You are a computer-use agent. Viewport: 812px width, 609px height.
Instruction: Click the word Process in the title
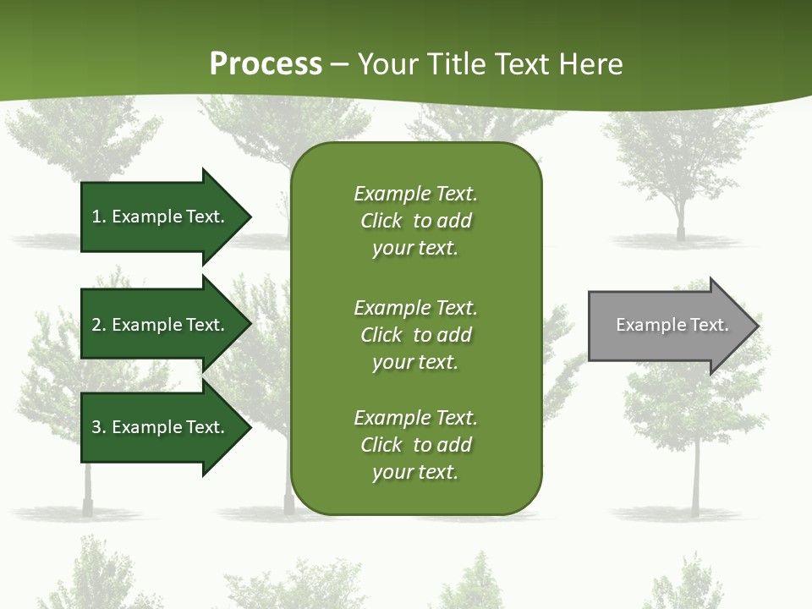pyautogui.click(x=266, y=64)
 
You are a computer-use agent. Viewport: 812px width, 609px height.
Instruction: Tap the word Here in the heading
pyautogui.click(x=591, y=64)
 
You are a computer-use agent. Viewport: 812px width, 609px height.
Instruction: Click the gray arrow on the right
pyautogui.click(x=668, y=326)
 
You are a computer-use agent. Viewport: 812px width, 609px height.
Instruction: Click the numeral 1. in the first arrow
pyautogui.click(x=99, y=217)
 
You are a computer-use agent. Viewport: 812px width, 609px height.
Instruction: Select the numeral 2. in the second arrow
pyautogui.click(x=99, y=325)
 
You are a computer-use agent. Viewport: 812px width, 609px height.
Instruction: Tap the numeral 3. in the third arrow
pyautogui.click(x=99, y=427)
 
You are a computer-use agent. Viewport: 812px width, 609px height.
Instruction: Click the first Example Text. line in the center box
pyautogui.click(x=415, y=194)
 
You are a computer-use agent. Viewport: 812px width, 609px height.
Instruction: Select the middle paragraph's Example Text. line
pyautogui.click(x=415, y=307)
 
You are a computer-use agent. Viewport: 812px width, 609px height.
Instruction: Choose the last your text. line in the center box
pyautogui.click(x=415, y=473)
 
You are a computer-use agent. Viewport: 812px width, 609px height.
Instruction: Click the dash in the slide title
pyautogui.click(x=339, y=64)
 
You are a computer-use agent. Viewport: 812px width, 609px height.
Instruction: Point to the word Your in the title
pyautogui.click(x=385, y=64)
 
